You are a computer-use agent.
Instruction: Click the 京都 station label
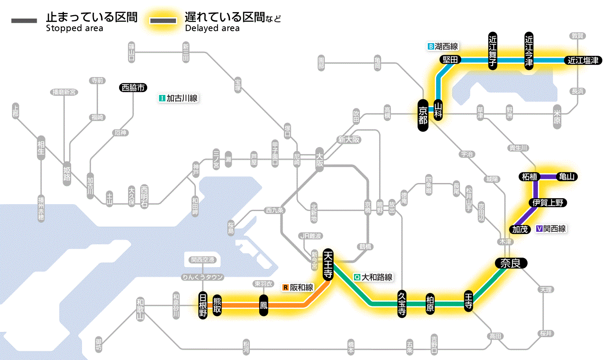pyautogui.click(x=423, y=115)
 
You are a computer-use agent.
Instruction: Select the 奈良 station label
pyautogui.click(x=511, y=263)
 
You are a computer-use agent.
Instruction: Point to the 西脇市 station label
pyautogui.click(x=133, y=88)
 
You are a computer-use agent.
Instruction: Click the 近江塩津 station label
pyautogui.click(x=583, y=60)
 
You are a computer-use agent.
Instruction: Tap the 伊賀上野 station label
pyautogui.click(x=547, y=202)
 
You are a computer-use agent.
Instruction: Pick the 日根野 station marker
pyautogui.click(x=203, y=305)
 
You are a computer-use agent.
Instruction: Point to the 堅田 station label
pyautogui.click(x=450, y=60)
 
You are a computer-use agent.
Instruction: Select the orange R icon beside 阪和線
pyautogui.click(x=285, y=287)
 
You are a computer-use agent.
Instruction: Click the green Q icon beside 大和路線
pyautogui.click(x=357, y=278)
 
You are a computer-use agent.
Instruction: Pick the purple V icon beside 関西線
pyautogui.click(x=539, y=229)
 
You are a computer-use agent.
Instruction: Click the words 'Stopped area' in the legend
pyautogui.click(x=74, y=28)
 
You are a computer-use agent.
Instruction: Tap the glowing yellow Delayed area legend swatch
pyautogui.click(x=163, y=21)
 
